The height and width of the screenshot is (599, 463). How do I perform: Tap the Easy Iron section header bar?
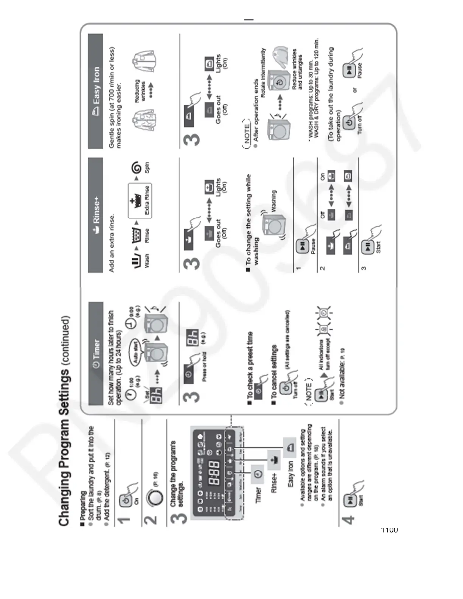(x=96, y=91)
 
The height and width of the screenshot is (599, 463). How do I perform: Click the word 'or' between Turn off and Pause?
(x=354, y=90)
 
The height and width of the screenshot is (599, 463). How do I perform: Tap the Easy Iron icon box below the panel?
(x=290, y=447)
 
